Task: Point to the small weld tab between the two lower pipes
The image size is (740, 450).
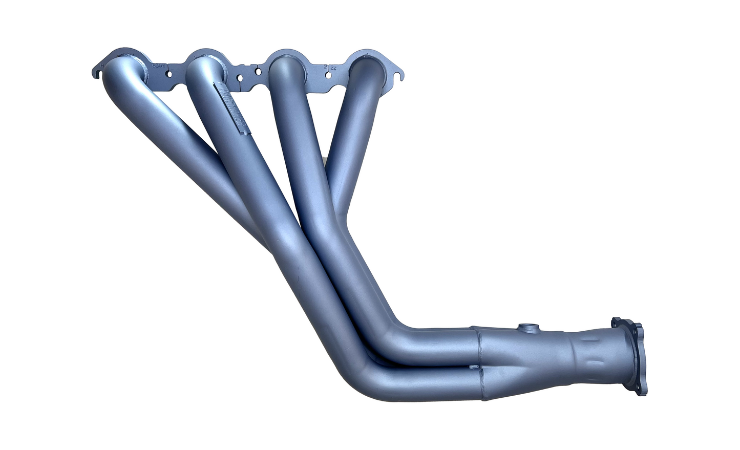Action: coord(474,367)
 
